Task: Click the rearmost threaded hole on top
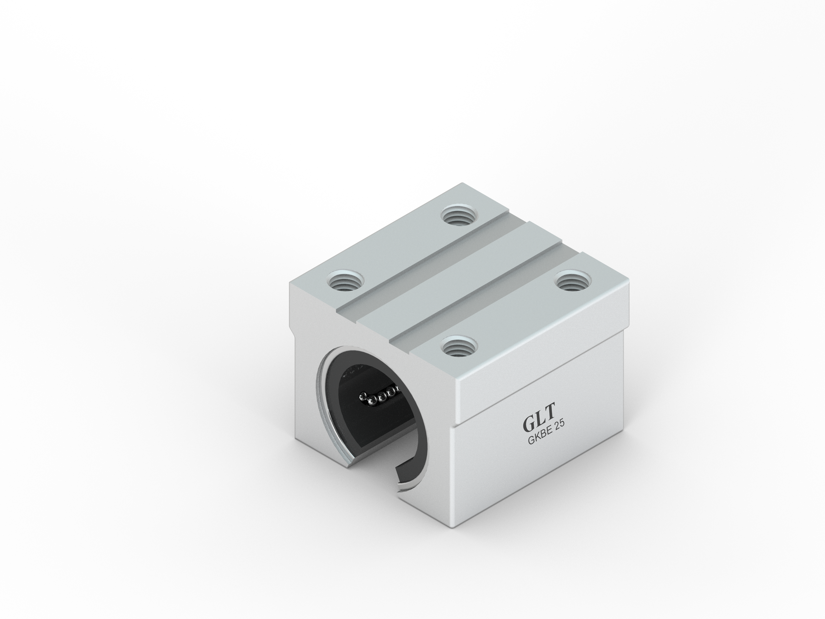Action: click(459, 216)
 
